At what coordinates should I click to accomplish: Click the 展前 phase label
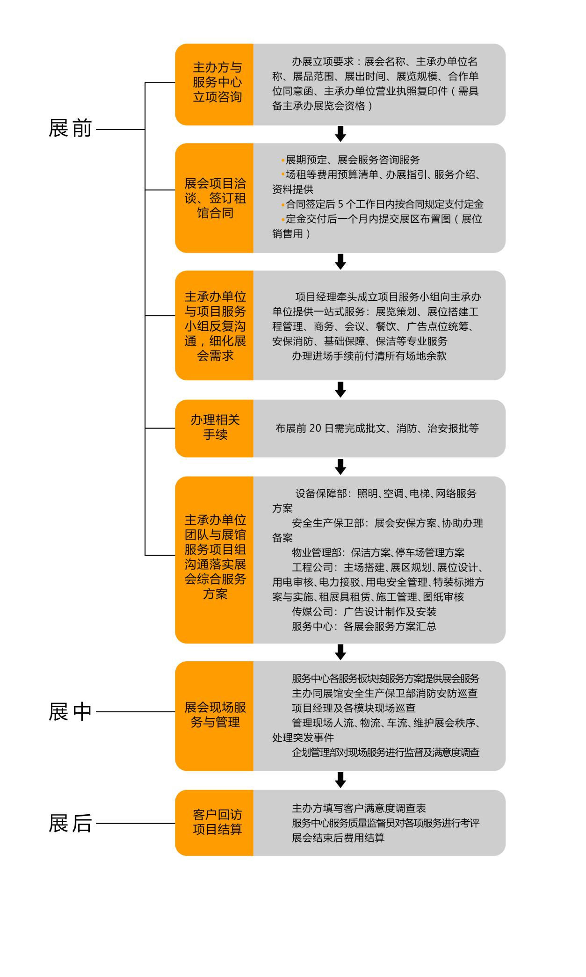point(70,129)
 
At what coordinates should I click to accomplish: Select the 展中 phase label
point(70,712)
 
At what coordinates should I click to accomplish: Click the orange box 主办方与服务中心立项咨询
point(214,85)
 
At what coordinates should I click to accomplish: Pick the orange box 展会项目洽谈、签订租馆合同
point(214,198)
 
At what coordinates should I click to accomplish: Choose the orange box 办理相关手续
point(214,428)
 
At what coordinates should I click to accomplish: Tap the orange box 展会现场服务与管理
point(214,716)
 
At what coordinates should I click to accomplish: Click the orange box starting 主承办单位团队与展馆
point(214,560)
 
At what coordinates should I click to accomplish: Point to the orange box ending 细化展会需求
point(214,326)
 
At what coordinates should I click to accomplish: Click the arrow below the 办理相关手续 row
point(340,467)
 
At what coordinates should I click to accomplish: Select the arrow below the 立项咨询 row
point(340,134)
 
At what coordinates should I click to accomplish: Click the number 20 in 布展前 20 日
point(315,428)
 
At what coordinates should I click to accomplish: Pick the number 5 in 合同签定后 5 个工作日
point(340,204)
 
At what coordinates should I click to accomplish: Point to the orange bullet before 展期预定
point(283,160)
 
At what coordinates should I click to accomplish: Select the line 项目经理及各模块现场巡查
point(354,708)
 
